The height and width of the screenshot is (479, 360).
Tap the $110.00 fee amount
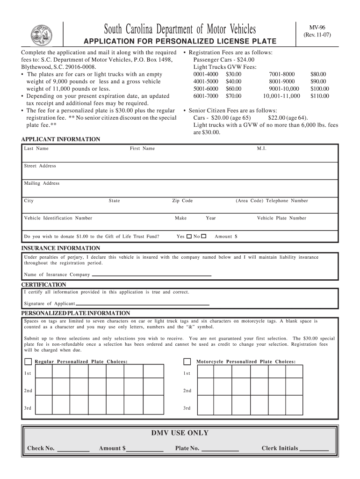pos(320,96)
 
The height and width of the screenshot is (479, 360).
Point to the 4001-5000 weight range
pos(206,81)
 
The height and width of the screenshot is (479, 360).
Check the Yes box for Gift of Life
pos(189,237)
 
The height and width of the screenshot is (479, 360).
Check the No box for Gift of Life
pos(204,237)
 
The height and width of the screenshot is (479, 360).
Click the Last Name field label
pos(36,149)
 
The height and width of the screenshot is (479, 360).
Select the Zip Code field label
pos(182,201)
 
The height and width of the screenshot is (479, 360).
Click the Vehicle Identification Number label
pos(58,218)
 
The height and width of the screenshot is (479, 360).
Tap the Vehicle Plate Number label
pos(281,218)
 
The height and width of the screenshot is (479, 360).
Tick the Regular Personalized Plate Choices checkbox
pos(28,362)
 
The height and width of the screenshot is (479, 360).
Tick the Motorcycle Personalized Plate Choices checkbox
pos(187,362)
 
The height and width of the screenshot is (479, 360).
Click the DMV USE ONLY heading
pos(180,433)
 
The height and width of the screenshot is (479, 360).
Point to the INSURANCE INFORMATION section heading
pos(61,248)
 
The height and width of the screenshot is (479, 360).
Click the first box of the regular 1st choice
pos(44,373)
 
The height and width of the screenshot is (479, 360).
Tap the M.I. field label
pos(262,149)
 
